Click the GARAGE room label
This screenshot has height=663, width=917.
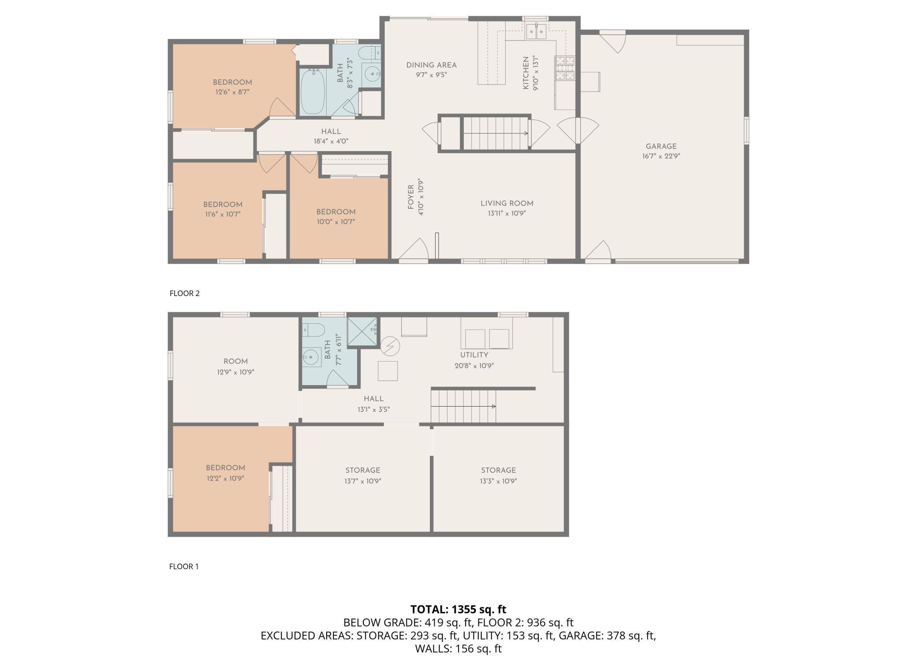pos(661,146)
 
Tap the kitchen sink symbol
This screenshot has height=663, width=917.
pos(537,31)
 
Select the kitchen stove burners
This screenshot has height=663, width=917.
pos(565,69)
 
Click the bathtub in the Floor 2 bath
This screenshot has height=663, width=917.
pos(313,91)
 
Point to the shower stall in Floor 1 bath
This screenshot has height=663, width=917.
pos(362,332)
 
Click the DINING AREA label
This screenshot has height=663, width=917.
pos(431,65)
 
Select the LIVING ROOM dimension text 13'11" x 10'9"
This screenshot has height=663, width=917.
pos(507,213)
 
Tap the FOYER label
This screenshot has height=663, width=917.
pos(410,197)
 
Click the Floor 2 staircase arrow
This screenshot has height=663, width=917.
pos(496,133)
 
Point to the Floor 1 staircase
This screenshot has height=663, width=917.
pos(463,406)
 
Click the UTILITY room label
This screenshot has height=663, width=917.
pos(474,355)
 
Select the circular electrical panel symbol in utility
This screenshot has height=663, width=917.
pos(390,346)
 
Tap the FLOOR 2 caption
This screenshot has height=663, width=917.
pos(184,293)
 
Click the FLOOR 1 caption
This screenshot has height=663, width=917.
pos(184,567)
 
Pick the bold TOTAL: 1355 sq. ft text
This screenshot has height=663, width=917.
pos(458,609)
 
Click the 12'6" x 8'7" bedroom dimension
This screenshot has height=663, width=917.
pos(232,92)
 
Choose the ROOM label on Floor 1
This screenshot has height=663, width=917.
pos(235,361)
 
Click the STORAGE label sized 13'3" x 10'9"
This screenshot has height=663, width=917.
pos(498,470)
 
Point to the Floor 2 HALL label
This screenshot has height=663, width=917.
pos(331,131)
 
